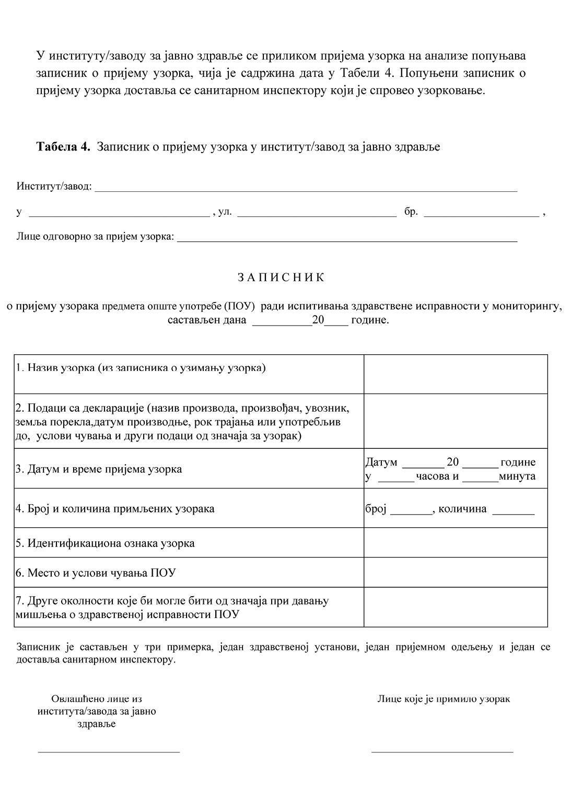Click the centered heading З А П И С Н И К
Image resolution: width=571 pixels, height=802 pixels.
(x=281, y=277)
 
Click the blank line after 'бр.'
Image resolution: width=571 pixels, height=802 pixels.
(x=481, y=214)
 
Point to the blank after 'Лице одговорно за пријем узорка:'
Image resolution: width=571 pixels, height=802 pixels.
(x=347, y=240)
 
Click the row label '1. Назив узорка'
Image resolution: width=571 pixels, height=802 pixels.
(x=141, y=368)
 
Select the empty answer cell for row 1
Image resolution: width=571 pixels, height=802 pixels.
(x=456, y=374)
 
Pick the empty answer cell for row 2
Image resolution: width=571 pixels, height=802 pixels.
(x=456, y=421)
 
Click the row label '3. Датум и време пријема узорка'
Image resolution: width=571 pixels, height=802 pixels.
(x=99, y=469)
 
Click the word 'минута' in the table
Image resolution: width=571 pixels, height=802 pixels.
(x=517, y=476)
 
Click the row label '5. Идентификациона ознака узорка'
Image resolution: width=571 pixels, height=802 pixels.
(x=105, y=543)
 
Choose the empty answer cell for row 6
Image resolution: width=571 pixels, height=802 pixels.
(x=456, y=572)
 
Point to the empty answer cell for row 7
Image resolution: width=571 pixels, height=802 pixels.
(x=456, y=607)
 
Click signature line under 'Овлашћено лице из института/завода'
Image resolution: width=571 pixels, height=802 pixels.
(x=109, y=751)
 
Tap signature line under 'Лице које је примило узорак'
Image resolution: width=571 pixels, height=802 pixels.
(x=442, y=751)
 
